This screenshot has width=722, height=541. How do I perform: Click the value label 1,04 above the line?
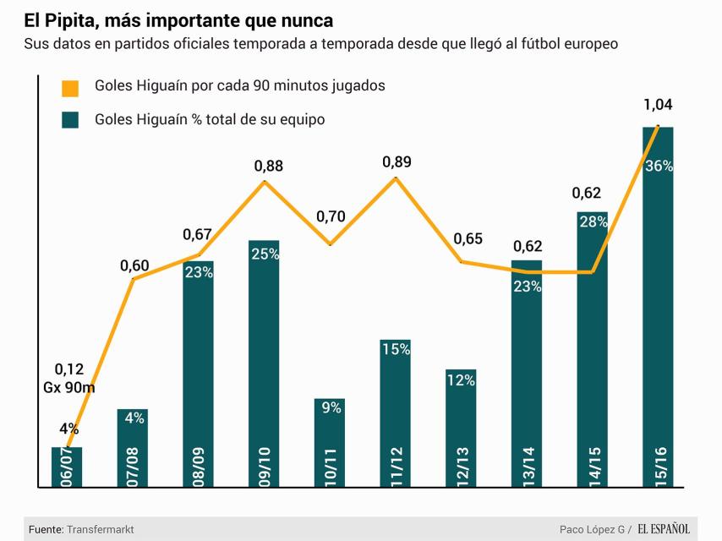tap(658, 106)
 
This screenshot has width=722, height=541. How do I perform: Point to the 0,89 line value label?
tap(397, 161)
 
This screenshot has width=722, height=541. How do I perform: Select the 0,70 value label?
tap(331, 216)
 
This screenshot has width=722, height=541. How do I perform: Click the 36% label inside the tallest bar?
tap(659, 166)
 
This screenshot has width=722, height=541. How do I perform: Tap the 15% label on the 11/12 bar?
tap(396, 349)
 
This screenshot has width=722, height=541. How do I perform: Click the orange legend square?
tap(70, 87)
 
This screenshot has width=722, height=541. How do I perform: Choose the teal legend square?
tap(70, 120)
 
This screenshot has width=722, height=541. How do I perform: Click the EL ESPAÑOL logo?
tap(664, 529)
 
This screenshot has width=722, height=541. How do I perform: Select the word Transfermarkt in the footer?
tap(101, 529)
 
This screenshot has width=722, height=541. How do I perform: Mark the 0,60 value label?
tap(134, 265)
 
